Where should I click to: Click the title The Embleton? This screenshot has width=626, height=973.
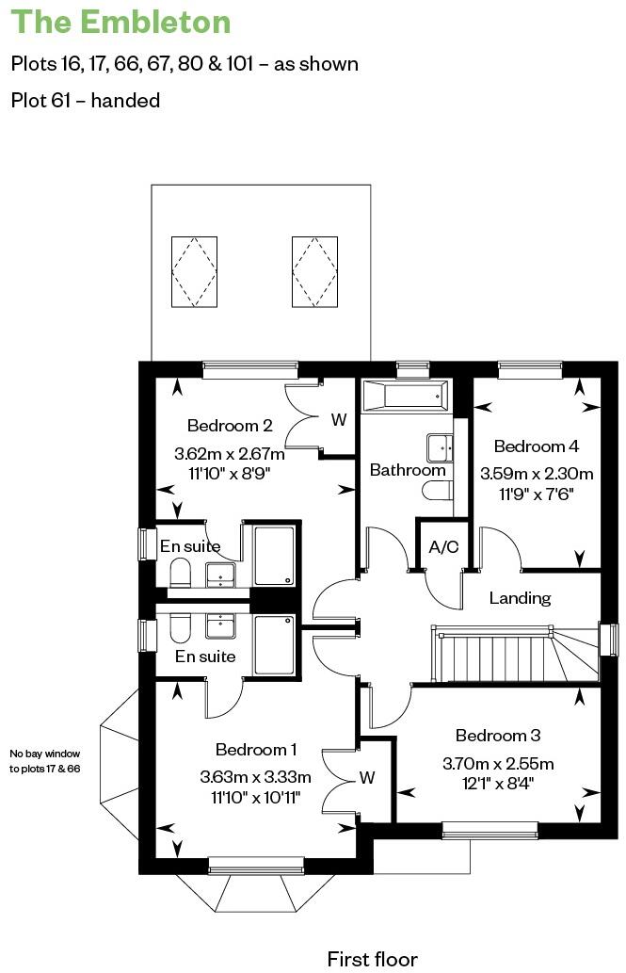122,23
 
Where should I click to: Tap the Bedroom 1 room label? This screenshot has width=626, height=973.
256,750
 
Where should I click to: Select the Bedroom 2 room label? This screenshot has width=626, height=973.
230,425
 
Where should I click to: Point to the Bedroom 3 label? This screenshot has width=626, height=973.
498,736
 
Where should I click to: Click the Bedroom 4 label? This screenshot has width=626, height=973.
536,446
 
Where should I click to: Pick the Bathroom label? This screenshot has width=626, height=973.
407,470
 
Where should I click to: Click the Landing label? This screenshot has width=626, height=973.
520,598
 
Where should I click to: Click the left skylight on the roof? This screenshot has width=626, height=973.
194,270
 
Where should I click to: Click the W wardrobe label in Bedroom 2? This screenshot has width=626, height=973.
338,420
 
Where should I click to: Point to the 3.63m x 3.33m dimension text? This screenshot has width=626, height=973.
255,778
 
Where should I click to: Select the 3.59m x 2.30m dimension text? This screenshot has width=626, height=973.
537,474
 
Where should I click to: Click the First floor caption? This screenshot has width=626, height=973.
372,959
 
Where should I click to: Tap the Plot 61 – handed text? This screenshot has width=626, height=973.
86,100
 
